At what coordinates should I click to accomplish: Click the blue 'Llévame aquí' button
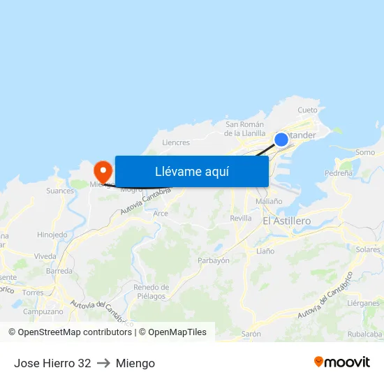tap(191, 171)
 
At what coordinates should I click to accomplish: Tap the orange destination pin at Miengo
tap(103, 170)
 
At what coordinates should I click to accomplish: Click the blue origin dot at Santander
tap(281, 140)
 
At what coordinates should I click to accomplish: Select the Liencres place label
tap(175, 142)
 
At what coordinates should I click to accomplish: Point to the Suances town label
tap(60, 190)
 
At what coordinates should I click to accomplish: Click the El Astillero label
tap(287, 221)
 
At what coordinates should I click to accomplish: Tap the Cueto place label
tap(307, 110)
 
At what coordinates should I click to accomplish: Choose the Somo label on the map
tap(364, 152)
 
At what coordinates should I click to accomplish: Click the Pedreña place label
tap(339, 172)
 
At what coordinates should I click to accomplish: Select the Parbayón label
tap(214, 260)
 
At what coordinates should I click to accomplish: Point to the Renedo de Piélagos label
tap(151, 292)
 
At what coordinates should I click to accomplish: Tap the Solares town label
tap(368, 249)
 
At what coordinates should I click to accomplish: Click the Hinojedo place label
tap(52, 235)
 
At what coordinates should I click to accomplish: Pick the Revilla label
tap(240, 218)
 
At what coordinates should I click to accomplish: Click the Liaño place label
tap(265, 251)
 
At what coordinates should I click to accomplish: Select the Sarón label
tap(251, 334)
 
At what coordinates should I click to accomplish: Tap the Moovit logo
tap(341, 362)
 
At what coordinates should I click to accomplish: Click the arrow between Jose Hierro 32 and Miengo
tap(103, 363)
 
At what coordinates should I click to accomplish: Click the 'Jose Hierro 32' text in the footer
tap(52, 363)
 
